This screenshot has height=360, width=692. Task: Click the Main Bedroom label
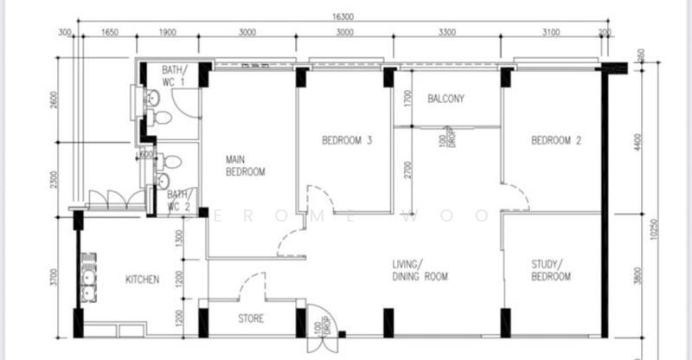point(245,165)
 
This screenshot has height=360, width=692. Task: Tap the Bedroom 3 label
point(347,140)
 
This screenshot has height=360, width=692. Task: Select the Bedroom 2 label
point(555,140)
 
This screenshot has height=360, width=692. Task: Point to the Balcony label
point(445,99)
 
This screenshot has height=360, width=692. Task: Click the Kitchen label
point(143,280)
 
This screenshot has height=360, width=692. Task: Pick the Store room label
point(250,318)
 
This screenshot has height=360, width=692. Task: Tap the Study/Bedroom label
point(551,270)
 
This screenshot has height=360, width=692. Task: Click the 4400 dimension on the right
point(639,142)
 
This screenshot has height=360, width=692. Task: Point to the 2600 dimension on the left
point(54,100)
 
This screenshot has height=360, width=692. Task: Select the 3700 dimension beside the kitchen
point(54,277)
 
